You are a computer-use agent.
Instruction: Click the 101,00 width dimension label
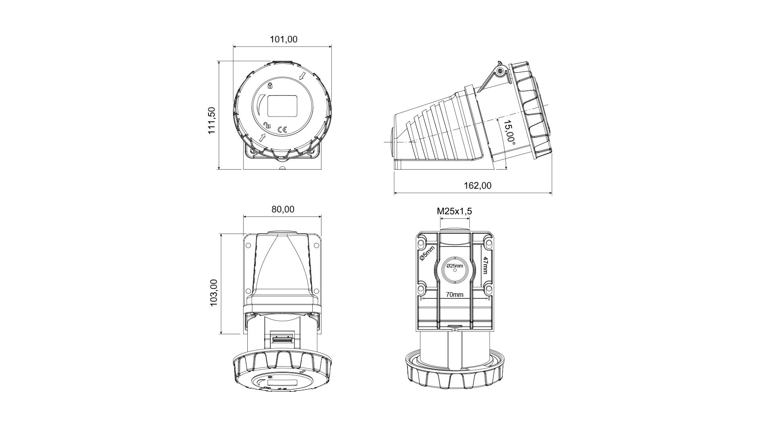[283, 39]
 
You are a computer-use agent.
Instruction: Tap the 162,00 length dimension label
[478, 185]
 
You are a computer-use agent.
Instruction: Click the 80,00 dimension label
[283, 209]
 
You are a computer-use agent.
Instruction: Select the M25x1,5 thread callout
[455, 211]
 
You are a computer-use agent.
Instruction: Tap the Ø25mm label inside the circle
[455, 266]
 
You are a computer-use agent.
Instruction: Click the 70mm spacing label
[455, 294]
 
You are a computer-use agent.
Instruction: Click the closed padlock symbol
[270, 85]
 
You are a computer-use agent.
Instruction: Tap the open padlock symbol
[267, 125]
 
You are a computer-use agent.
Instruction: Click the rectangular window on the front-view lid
[283, 106]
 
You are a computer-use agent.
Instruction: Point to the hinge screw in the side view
[500, 72]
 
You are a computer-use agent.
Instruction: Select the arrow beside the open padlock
[262, 137]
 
